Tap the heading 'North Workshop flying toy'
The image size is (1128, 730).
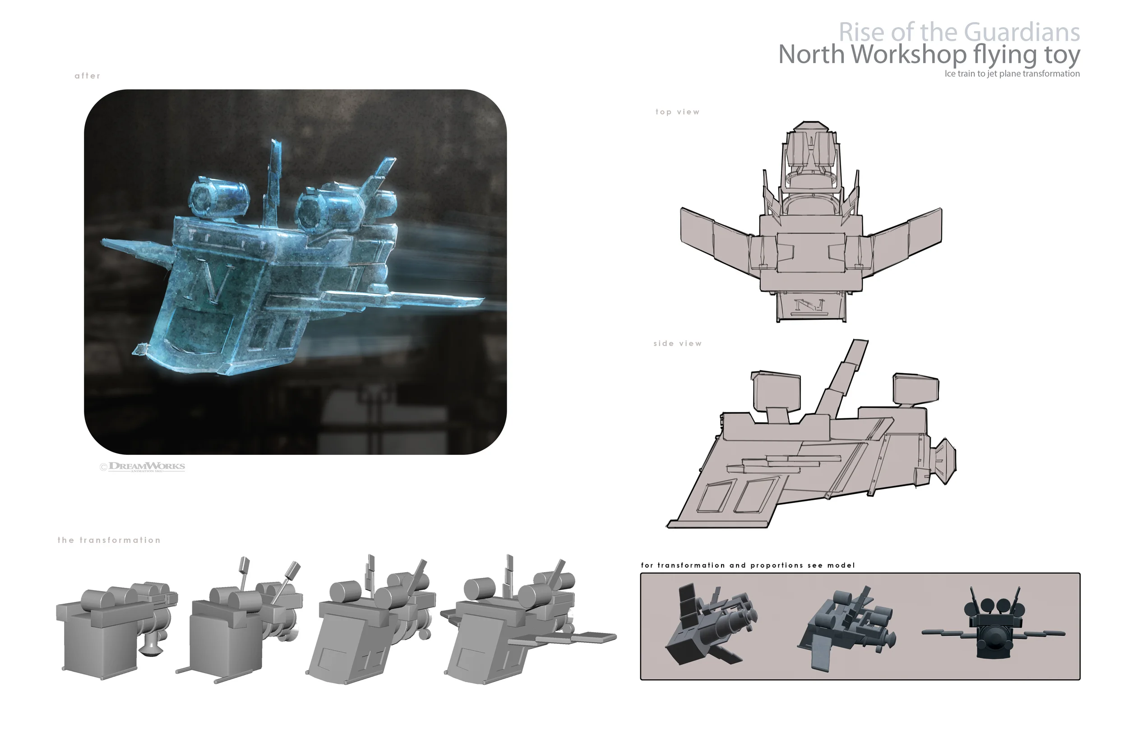(929, 55)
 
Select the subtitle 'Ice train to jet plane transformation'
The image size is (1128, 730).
(1012, 74)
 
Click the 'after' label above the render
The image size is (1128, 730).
(87, 76)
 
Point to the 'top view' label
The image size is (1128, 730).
(677, 112)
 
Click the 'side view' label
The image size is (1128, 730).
(677, 343)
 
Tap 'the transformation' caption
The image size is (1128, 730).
(109, 540)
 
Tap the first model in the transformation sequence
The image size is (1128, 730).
(116, 626)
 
